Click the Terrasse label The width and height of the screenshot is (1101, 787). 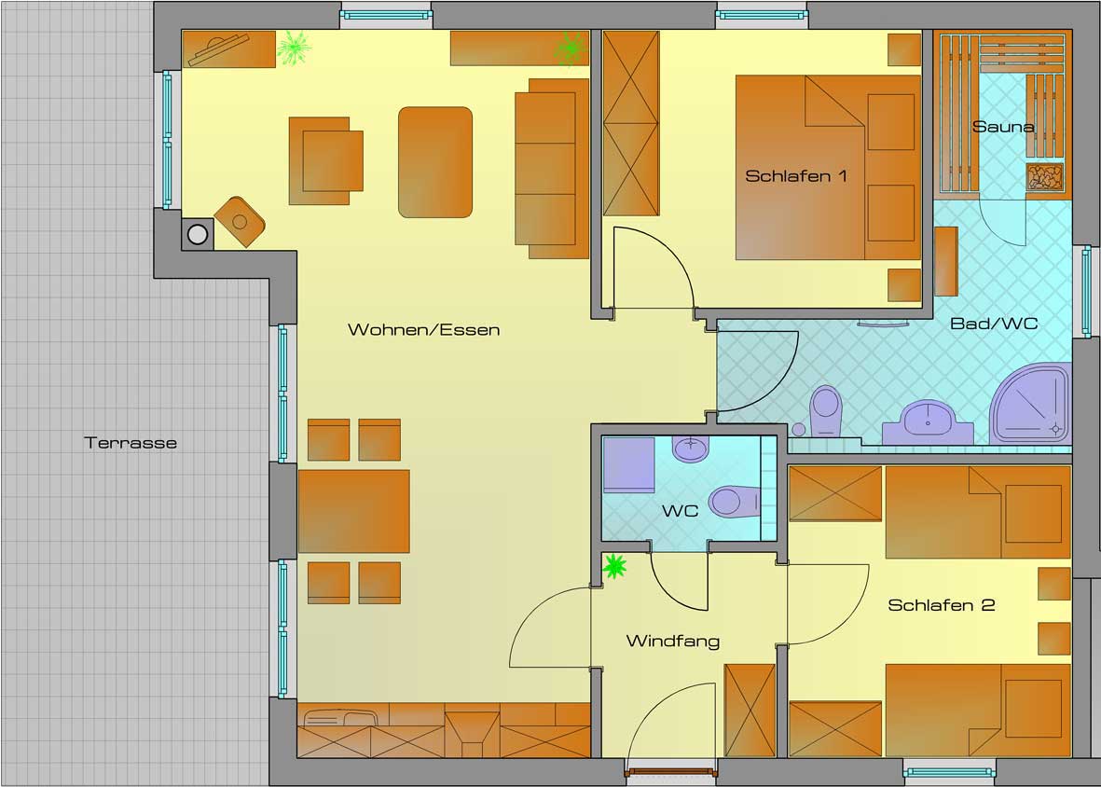[131, 443]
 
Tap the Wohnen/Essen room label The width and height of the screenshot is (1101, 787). [423, 330]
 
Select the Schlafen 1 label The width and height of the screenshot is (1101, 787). [795, 175]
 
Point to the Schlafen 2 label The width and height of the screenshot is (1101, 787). [941, 605]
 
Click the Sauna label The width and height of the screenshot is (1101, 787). [1003, 127]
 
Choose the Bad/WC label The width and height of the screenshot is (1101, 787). [994, 324]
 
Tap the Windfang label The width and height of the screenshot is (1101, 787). [672, 641]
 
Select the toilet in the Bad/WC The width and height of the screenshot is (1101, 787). [825, 410]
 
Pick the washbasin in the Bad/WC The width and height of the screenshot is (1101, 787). [929, 422]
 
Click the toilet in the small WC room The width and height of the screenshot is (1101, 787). [735, 501]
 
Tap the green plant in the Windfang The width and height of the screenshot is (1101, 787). [614, 566]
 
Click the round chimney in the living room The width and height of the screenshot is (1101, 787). [198, 234]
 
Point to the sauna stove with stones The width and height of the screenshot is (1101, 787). [1046, 177]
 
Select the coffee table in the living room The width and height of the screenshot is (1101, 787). [435, 162]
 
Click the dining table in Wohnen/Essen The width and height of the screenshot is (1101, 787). [354, 511]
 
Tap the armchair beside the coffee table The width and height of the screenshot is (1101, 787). [325, 160]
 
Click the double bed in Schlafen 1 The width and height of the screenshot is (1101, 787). [828, 167]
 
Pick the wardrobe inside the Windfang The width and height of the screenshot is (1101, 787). [750, 710]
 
